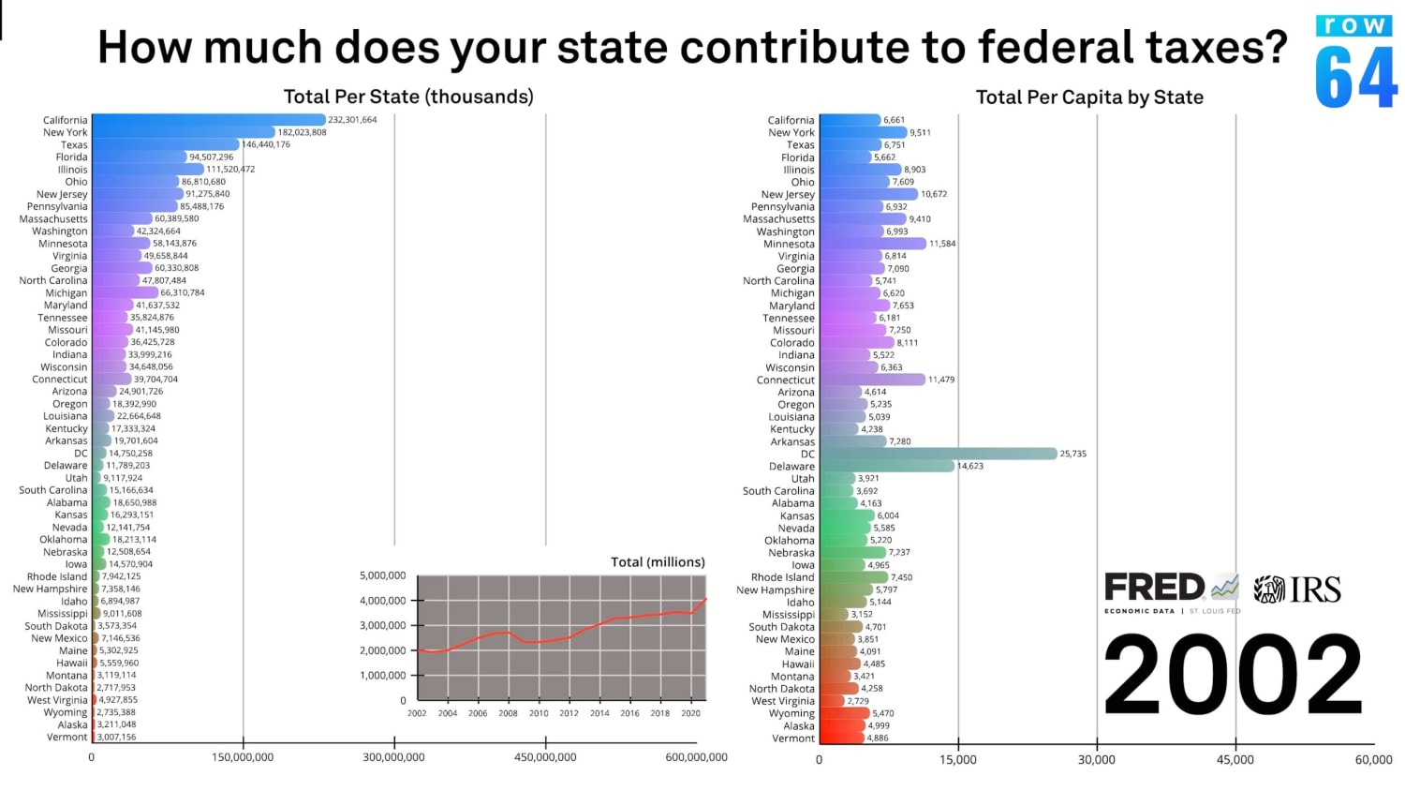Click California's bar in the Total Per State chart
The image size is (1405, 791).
click(208, 120)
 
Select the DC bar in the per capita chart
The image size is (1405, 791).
click(937, 454)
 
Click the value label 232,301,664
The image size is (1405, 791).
click(352, 120)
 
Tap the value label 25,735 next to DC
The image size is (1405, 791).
click(1073, 454)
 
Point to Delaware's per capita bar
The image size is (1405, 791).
click(886, 466)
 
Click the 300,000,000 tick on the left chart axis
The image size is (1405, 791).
click(394, 757)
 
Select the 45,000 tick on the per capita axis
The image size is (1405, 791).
click(1235, 760)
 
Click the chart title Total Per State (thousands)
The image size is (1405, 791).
click(408, 97)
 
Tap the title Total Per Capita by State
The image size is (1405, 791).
click(1089, 97)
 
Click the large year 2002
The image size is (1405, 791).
click(1233, 676)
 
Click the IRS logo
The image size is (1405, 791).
click(1298, 590)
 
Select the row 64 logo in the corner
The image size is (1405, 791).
click(1355, 63)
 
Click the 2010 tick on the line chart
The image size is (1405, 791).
click(539, 713)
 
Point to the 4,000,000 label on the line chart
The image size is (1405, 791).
click(382, 601)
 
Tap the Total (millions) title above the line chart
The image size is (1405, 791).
click(658, 562)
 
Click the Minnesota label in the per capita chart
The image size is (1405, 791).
click(789, 244)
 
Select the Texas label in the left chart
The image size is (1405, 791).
click(74, 145)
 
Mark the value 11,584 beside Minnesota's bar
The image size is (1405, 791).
click(942, 244)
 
